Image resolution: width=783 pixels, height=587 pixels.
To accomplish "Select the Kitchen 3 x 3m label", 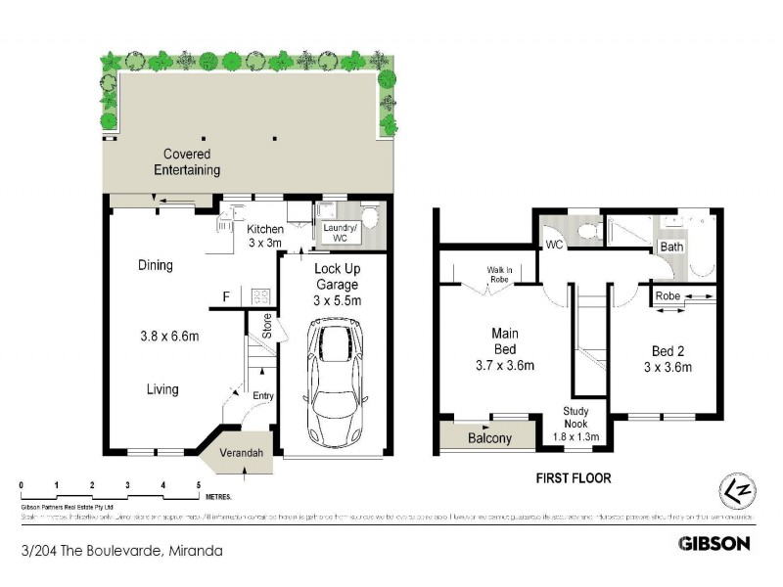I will click(264, 236).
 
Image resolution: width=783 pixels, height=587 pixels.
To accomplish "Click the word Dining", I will click(156, 265).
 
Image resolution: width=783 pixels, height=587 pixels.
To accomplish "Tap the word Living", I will click(162, 389).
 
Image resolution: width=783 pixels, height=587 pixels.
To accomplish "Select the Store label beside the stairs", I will click(266, 325).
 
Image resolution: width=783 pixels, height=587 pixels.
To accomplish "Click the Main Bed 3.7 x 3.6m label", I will click(504, 349).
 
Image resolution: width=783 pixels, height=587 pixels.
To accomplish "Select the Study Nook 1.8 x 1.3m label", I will click(576, 423).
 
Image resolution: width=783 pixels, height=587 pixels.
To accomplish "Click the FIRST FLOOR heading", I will click(573, 478).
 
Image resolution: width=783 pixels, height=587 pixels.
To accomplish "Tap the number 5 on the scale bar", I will click(199, 485).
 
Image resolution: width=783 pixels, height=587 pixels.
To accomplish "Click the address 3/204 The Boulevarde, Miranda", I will click(121, 551).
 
